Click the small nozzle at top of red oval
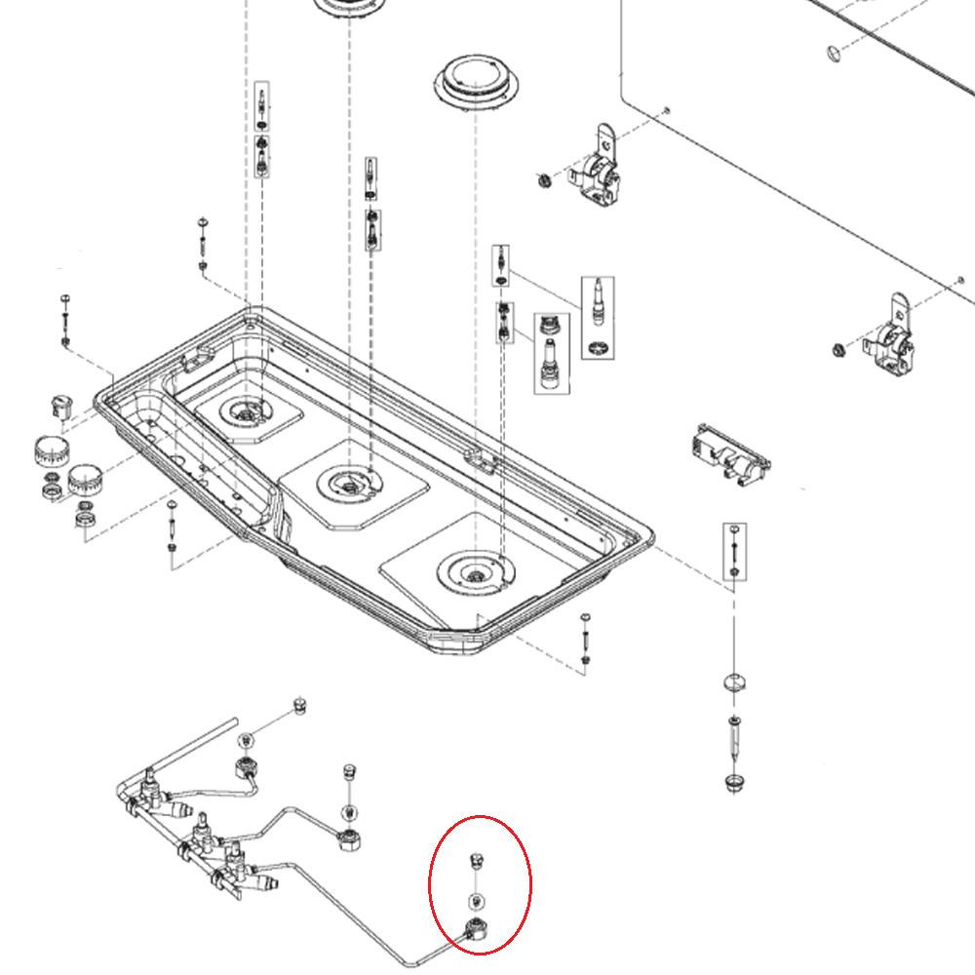(476, 859)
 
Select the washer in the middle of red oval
(476, 900)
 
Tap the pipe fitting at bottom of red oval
(478, 929)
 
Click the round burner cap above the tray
(473, 78)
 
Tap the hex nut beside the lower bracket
(838, 350)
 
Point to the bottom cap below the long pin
(734, 782)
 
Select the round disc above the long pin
(735, 682)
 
